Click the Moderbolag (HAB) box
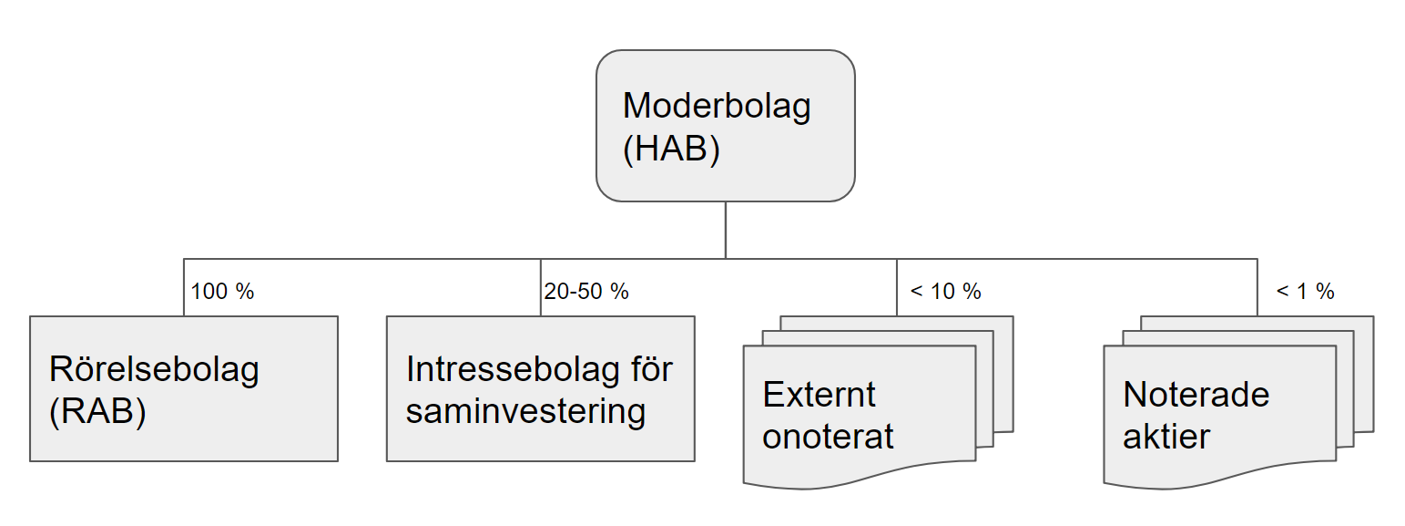(x=725, y=125)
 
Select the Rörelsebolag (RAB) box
(x=184, y=388)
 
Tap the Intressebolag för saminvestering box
(x=540, y=388)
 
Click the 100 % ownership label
(x=222, y=292)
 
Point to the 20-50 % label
(x=586, y=292)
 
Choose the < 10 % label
(x=945, y=292)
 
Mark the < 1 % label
(x=1305, y=292)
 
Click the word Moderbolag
(x=717, y=106)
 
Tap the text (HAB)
(x=671, y=149)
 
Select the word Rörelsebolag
(x=155, y=369)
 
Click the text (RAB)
(x=97, y=412)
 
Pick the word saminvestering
(x=525, y=412)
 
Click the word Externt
(x=820, y=394)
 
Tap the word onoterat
(x=829, y=437)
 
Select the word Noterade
(x=1196, y=394)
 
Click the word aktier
(x=1166, y=437)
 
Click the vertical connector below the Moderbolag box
(x=725, y=230)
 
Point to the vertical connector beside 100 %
(x=184, y=287)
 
